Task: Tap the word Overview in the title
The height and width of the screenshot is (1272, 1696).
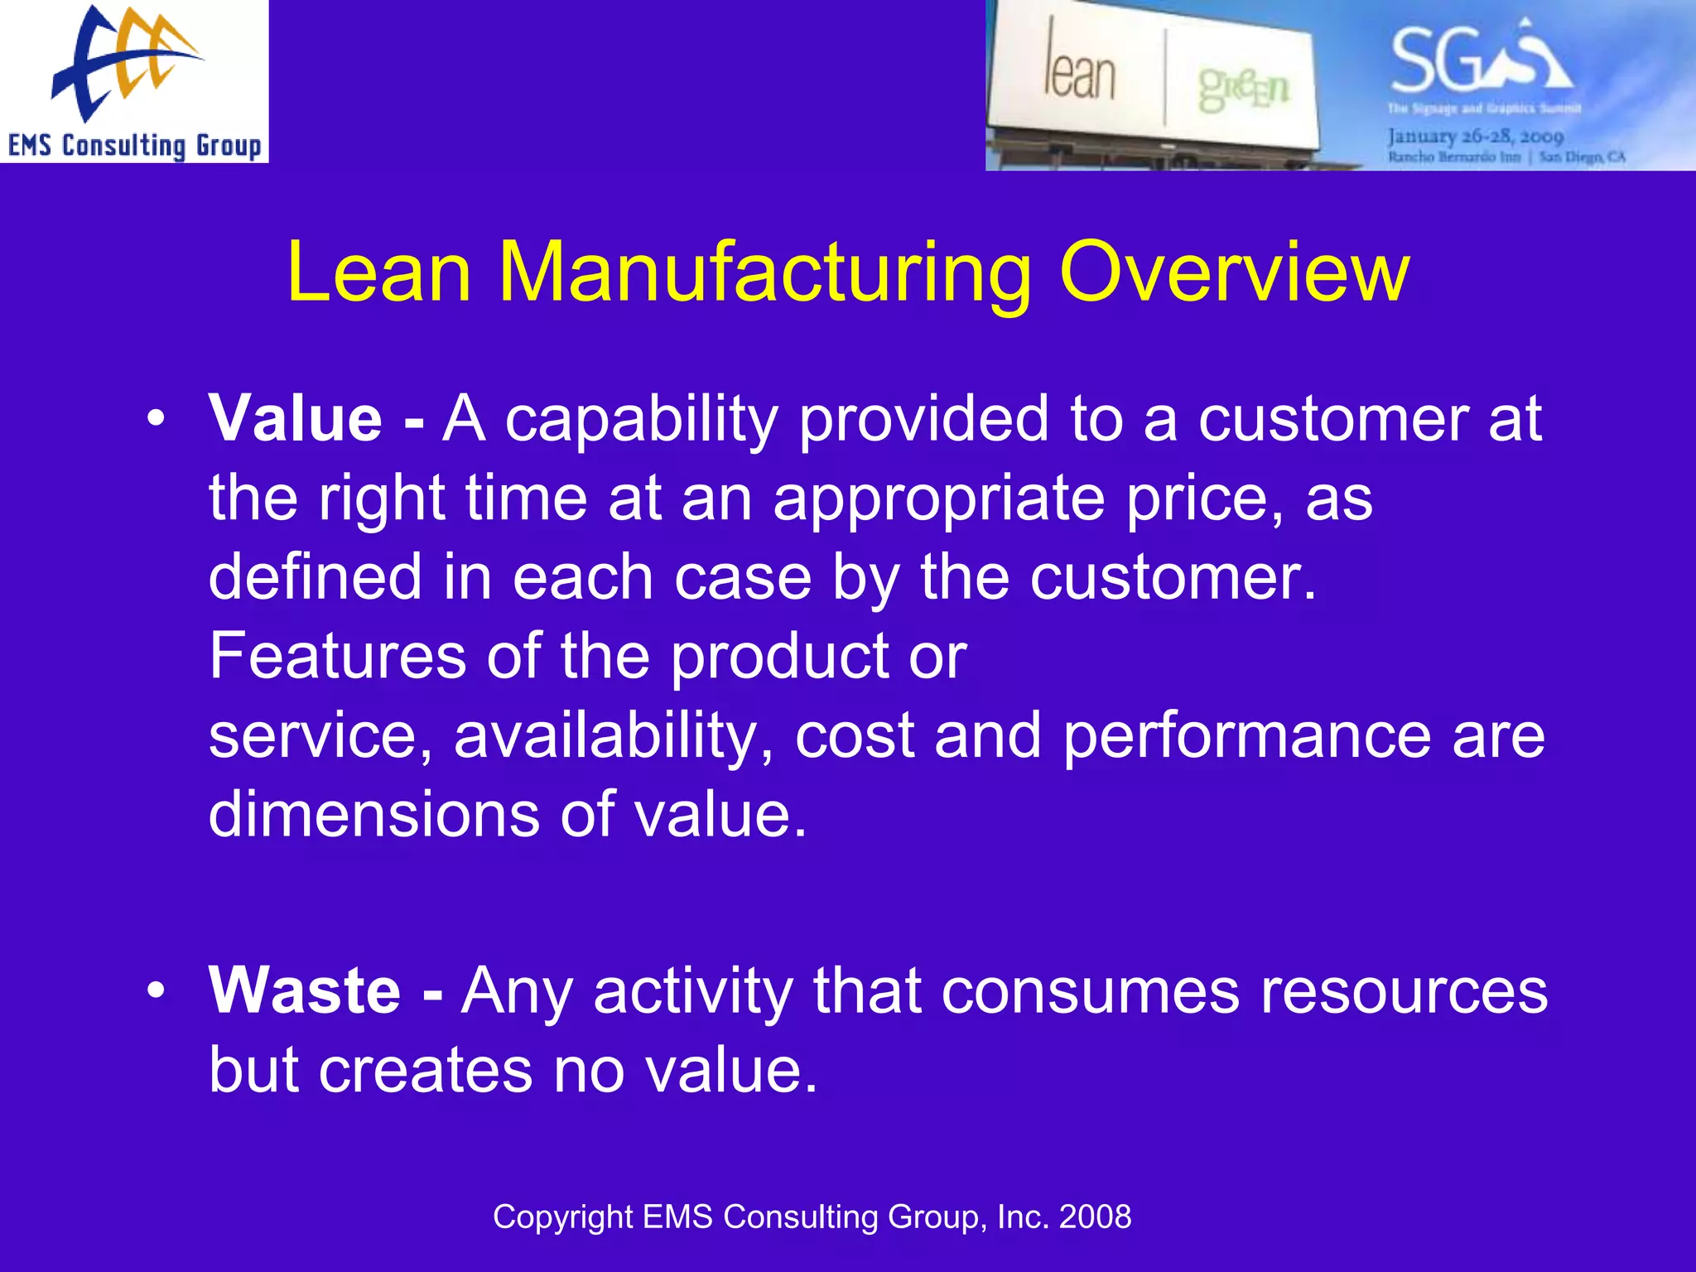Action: point(1234,272)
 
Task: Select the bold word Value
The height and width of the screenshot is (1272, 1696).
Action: point(296,419)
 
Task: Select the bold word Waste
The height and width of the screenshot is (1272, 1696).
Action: point(305,990)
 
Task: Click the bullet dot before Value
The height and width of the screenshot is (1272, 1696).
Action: point(156,419)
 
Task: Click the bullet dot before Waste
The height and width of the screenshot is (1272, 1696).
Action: point(156,990)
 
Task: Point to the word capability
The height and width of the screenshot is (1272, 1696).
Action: point(641,419)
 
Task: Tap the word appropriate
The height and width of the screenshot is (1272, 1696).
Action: point(938,499)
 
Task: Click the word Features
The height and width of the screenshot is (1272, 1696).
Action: point(337,656)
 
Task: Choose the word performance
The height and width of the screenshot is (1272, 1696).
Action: point(1246,735)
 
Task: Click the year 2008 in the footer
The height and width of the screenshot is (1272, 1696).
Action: point(1095,1217)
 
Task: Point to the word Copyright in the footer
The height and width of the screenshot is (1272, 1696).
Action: point(562,1217)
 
